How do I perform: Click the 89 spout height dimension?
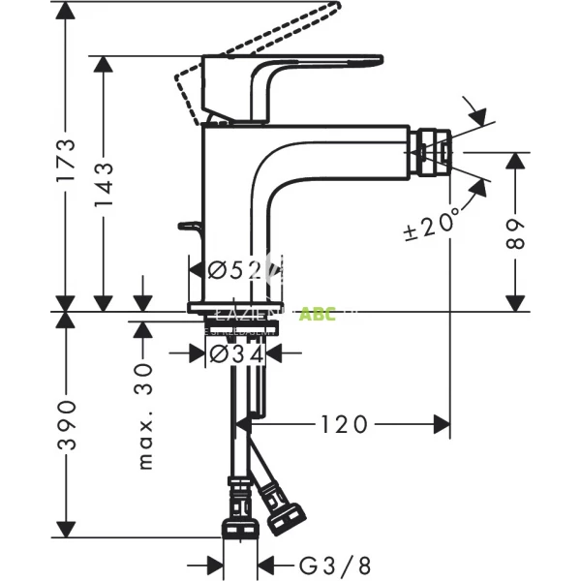pos(519,233)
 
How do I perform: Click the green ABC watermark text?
pos(318,314)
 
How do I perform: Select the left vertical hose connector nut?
pos(237,513)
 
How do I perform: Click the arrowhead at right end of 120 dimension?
pos(443,423)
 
